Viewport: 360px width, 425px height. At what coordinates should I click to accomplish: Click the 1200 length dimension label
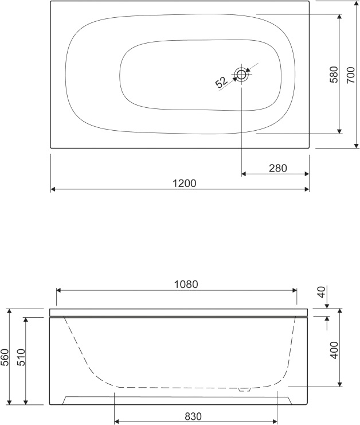click(184, 184)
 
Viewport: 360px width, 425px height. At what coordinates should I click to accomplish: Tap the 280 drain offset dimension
click(277, 168)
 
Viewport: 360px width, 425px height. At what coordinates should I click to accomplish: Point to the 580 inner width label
click(334, 75)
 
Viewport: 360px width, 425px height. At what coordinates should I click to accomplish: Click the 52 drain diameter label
click(221, 82)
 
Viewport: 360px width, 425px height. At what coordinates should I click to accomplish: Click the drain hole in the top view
click(241, 74)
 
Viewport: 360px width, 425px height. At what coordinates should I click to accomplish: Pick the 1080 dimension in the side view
click(186, 284)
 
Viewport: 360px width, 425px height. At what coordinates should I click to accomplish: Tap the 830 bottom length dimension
click(193, 416)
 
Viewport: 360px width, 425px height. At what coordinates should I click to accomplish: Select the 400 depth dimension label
click(335, 350)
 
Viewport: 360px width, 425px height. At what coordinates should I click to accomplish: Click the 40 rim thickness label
click(322, 292)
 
